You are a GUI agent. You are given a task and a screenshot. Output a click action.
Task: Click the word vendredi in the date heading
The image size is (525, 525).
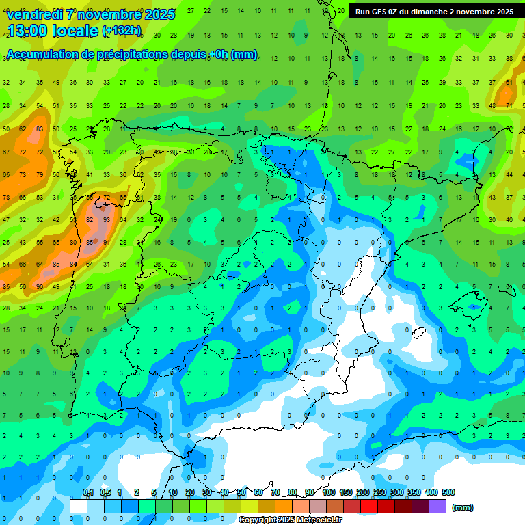coord(35,14)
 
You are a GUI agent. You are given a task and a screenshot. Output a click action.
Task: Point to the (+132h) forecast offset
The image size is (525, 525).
coord(122,31)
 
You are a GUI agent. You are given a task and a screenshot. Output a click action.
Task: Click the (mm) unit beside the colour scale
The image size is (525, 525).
coord(462,507)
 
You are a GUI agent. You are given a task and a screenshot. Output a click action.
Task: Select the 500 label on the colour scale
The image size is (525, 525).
coord(448,493)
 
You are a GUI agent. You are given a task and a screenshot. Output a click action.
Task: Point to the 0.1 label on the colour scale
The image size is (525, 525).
coord(88,493)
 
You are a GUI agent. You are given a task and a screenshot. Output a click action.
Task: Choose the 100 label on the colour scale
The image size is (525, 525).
coord(329,493)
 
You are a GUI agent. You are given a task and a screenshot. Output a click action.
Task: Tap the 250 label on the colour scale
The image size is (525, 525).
coord(379,493)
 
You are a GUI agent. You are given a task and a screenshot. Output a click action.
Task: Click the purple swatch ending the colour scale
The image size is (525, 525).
coord(437,507)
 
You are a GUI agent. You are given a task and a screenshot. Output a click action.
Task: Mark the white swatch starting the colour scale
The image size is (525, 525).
coord(79,507)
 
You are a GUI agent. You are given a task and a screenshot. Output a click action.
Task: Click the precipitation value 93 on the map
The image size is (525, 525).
coord(107,219)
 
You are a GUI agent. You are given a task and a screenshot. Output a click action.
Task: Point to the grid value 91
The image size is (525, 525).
coord(106,242)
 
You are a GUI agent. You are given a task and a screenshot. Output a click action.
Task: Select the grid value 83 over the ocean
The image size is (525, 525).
coord(39,129)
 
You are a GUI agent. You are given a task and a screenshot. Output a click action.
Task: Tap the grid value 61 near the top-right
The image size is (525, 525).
coord(509,83)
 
